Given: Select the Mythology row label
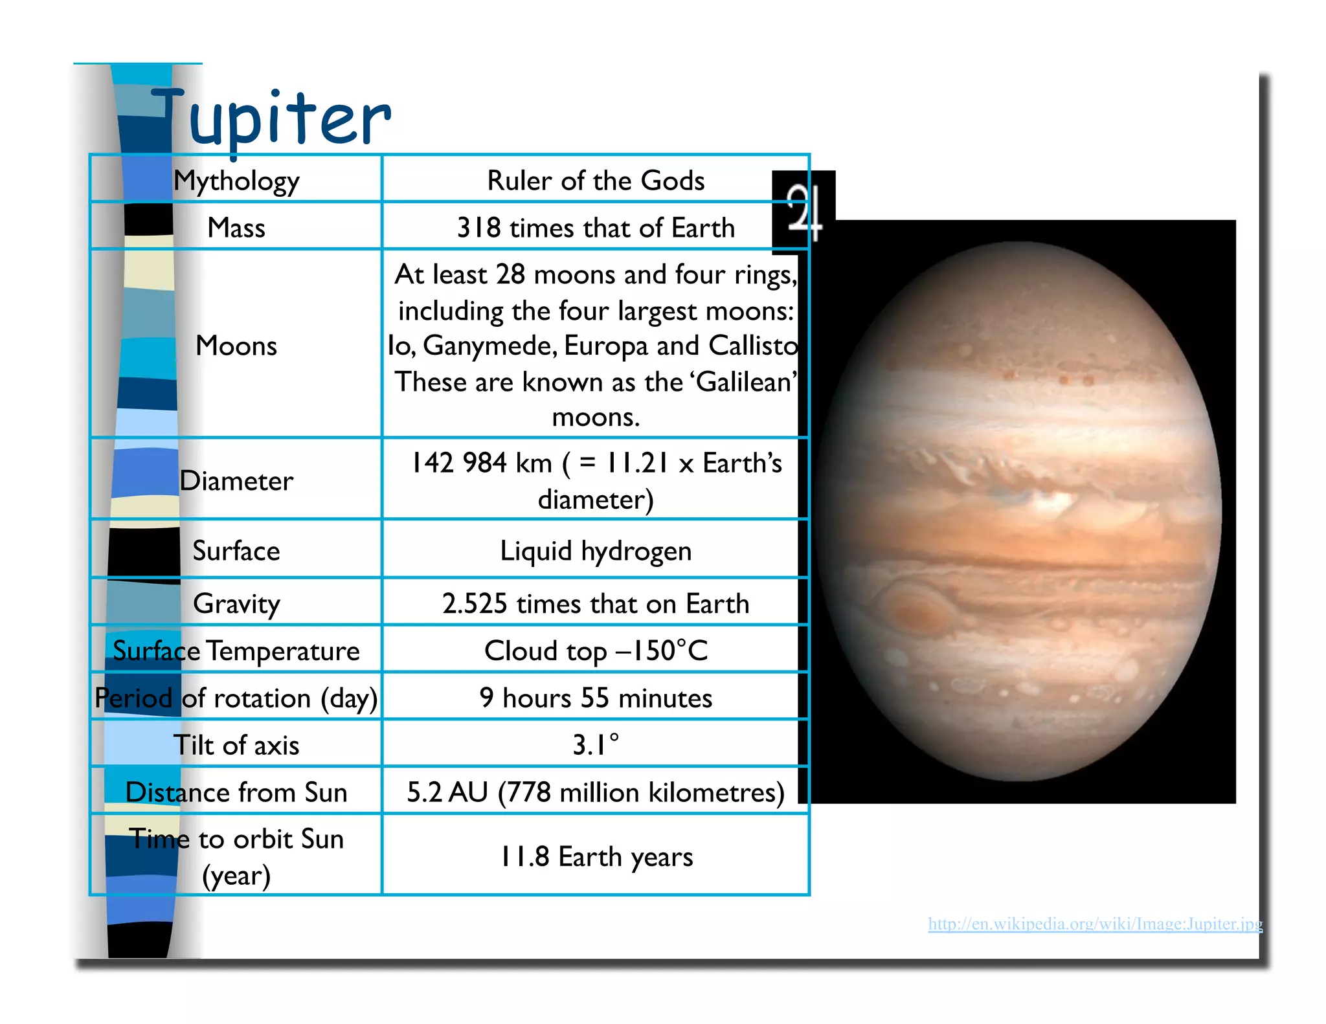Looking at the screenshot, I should [x=236, y=181].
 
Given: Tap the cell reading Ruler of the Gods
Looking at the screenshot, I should [x=596, y=181].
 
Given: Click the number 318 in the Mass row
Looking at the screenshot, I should [x=479, y=228].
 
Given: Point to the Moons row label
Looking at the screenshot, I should [x=236, y=346].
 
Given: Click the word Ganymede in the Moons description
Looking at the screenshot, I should [x=490, y=346].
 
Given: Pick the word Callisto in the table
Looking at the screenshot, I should [x=753, y=346].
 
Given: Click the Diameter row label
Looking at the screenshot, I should [x=236, y=481].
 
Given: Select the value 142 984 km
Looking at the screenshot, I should [x=482, y=463].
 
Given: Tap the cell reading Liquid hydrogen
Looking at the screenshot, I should [x=596, y=551].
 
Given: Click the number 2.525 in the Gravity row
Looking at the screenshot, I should [x=475, y=604].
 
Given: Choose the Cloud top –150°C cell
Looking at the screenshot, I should [x=596, y=651].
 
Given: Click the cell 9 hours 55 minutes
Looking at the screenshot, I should [x=596, y=698].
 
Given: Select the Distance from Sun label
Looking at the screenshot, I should [x=236, y=792].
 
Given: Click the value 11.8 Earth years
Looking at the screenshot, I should [x=596, y=856].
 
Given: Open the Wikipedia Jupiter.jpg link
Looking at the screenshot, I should [x=1095, y=924].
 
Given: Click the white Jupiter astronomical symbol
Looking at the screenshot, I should [x=803, y=212].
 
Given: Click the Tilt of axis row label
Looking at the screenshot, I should [x=236, y=745].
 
